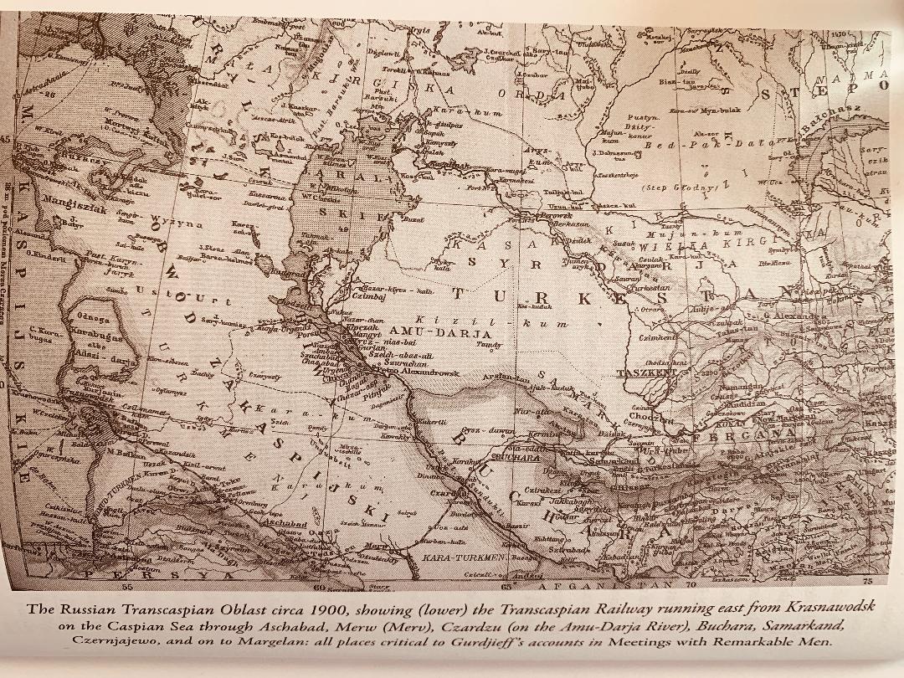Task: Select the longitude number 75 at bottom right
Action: [867, 580]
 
